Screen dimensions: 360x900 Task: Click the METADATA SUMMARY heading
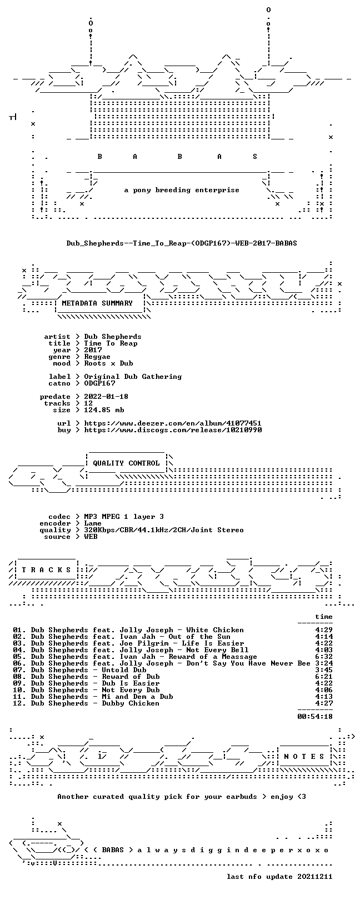[x=97, y=303]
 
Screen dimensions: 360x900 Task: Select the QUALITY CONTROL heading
[x=126, y=463]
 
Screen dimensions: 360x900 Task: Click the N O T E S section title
[x=304, y=757]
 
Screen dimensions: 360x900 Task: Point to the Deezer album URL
[x=173, y=423]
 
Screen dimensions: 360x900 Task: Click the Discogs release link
[x=173, y=430]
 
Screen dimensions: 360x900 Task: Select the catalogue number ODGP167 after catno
[x=99, y=383]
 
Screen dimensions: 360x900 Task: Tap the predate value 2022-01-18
[x=106, y=397]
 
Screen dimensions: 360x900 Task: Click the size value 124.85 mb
[x=104, y=410]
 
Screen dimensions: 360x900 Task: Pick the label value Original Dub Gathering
[x=133, y=377]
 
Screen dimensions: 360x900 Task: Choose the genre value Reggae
[x=97, y=357]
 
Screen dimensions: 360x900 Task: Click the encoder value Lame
[x=93, y=523]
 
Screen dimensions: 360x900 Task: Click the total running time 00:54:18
[x=315, y=716]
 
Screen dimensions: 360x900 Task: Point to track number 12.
[x=19, y=703]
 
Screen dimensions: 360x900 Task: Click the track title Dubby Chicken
[x=131, y=703]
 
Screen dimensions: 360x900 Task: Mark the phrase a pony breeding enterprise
[x=182, y=190]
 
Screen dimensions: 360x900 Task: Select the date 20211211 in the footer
[x=315, y=876]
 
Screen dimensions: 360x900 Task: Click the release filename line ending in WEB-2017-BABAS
[x=182, y=243]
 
